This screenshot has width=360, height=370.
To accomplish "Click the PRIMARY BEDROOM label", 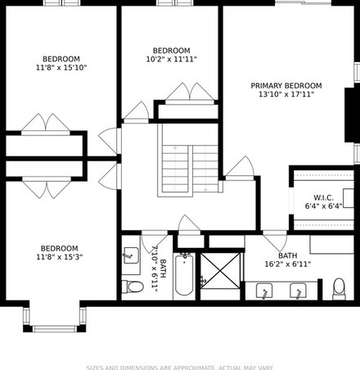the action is (x=286, y=86).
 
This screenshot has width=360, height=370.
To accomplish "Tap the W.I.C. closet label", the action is (x=323, y=197).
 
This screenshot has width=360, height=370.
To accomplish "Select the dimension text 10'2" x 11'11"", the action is (x=172, y=59).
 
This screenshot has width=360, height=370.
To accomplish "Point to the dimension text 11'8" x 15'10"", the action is (x=61, y=68).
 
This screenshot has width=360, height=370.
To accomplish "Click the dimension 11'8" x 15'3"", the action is (x=60, y=257).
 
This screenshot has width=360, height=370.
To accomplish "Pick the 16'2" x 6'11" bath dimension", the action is (x=288, y=264).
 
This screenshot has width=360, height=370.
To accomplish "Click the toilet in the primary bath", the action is (x=339, y=289).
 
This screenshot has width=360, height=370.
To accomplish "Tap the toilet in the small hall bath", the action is (x=133, y=287).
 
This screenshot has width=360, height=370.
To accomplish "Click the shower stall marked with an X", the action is (x=220, y=271).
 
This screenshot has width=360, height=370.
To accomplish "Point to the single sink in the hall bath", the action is (x=131, y=255).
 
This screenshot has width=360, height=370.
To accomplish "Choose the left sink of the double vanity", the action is (x=264, y=291).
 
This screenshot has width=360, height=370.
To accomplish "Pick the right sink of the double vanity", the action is (x=298, y=291).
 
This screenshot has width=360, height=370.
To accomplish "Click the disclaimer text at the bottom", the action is (x=180, y=368).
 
